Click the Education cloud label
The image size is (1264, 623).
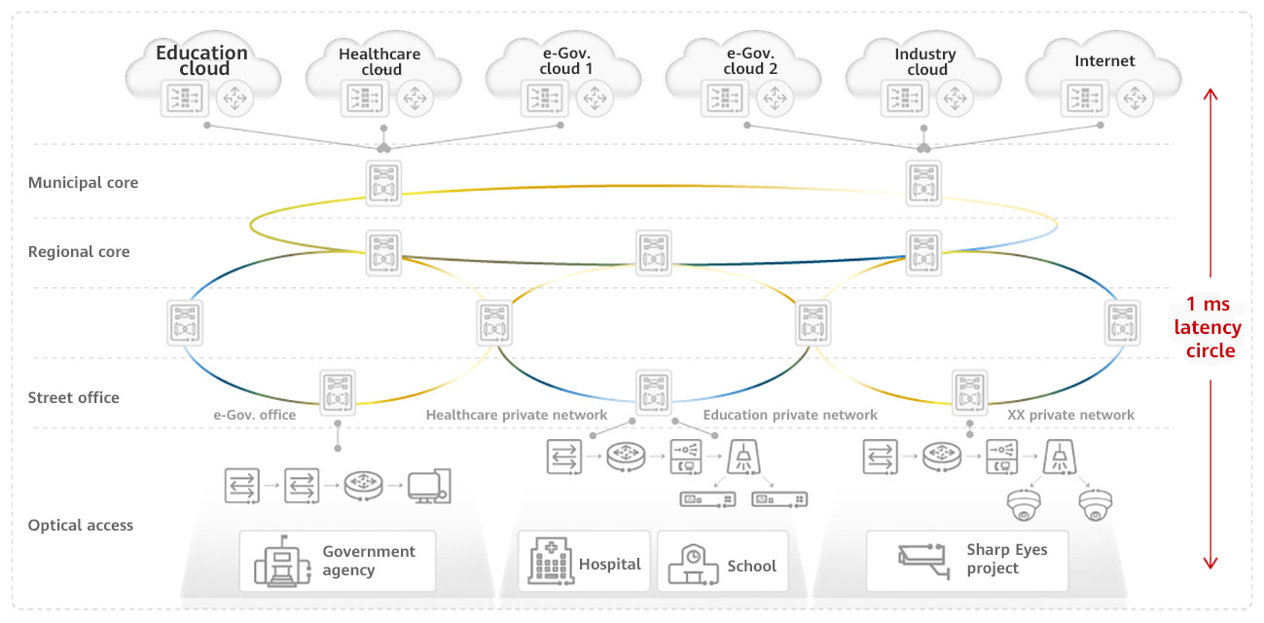[202, 60]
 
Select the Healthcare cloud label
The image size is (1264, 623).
[379, 61]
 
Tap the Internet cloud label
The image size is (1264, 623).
[1104, 60]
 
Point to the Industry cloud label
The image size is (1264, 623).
[925, 61]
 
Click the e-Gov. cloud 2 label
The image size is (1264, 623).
[750, 61]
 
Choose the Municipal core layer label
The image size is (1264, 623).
[83, 182]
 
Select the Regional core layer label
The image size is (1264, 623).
[79, 251]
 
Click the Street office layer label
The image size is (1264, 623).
[74, 397]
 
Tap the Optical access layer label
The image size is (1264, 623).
[81, 525]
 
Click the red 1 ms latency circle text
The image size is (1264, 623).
[1207, 328]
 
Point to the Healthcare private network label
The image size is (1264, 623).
[517, 415]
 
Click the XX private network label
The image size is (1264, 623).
[1070, 415]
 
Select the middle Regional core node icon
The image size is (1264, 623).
[653, 253]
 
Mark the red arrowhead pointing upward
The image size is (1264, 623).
[1210, 95]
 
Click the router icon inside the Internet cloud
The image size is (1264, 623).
[1136, 98]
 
